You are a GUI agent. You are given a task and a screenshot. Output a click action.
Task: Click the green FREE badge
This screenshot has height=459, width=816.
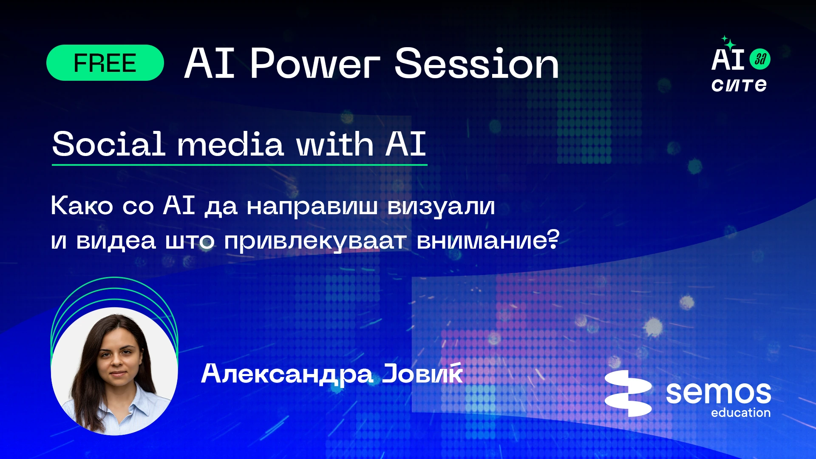pos(105,63)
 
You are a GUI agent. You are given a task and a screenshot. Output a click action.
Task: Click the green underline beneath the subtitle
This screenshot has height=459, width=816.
pos(239,164)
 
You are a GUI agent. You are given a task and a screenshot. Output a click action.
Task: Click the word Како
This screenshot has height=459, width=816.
pos(82,206)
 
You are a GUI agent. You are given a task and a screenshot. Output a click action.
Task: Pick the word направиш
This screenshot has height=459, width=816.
pos(312,207)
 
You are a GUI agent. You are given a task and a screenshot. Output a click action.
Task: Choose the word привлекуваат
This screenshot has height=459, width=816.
pos(315,241)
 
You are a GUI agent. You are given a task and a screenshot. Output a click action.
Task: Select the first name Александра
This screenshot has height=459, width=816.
pos(287,374)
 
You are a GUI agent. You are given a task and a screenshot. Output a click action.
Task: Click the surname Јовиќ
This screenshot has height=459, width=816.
pos(422,373)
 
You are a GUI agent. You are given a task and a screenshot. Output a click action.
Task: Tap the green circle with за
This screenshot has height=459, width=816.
pos(760,59)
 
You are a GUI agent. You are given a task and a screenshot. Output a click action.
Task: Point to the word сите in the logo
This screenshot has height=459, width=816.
pos(739,85)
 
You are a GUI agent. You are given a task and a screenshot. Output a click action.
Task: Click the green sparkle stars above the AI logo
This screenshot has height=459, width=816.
pos(728,43)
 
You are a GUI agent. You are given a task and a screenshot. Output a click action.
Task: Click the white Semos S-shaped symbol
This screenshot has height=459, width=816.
pos(628,393)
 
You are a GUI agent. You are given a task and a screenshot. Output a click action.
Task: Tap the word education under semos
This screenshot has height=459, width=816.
pos(741,413)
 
